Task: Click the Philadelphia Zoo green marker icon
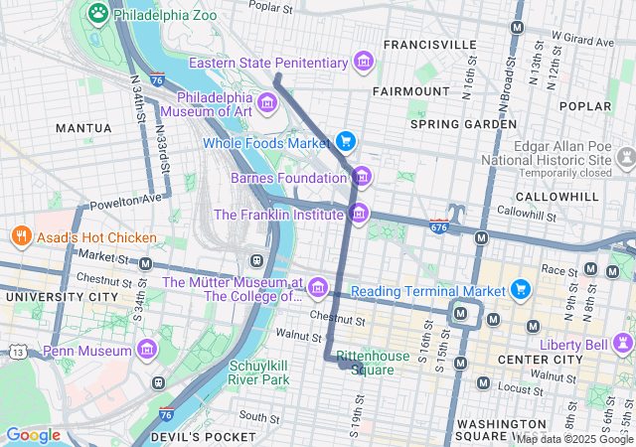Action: (x=97, y=13)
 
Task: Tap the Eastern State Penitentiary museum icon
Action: (x=364, y=63)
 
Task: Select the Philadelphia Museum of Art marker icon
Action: (x=265, y=102)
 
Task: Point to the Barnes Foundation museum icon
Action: (x=363, y=178)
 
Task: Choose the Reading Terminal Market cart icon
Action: (x=520, y=290)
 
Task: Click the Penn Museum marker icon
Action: (x=147, y=351)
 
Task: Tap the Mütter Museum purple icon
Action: (x=318, y=288)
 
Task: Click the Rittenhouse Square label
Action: (x=373, y=363)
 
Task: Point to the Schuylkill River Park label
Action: (x=258, y=372)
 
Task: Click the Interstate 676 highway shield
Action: (x=439, y=227)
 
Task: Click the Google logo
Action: (x=33, y=435)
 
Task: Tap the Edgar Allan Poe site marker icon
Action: (x=626, y=158)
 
